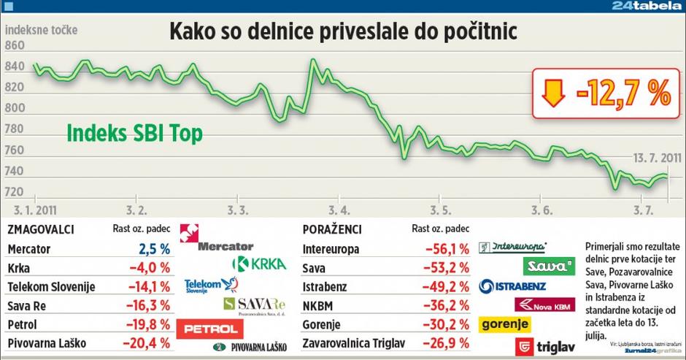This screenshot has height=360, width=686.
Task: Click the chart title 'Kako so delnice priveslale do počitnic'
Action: point(342,32)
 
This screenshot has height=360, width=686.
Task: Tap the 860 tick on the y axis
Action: point(15,45)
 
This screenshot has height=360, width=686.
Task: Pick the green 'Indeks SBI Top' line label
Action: point(134,134)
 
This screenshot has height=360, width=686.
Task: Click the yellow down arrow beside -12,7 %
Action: point(554,93)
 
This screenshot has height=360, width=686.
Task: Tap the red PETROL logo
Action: point(212,329)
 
